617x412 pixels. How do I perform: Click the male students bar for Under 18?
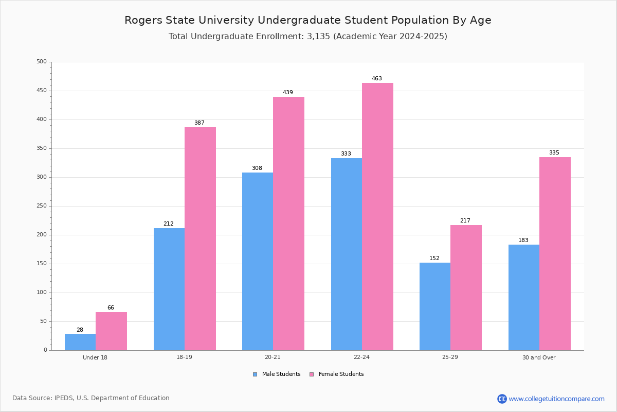80,342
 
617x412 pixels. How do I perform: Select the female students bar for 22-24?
377,217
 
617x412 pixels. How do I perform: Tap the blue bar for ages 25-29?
435,306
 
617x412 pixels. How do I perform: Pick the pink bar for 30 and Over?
555,253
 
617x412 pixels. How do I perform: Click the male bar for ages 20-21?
258,261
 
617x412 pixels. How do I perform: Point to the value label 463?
376,78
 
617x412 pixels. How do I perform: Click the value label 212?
169,224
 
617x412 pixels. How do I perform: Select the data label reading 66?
111,307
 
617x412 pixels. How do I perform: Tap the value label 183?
523,240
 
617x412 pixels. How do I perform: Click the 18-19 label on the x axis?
184,357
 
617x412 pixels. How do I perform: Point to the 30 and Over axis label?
539,357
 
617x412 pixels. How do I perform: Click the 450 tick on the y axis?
42,91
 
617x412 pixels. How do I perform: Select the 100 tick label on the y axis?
42,292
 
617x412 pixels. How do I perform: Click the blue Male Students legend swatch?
255,374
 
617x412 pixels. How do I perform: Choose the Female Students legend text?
341,374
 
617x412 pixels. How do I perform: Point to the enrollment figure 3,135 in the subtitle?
318,36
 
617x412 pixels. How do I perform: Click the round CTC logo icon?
502,399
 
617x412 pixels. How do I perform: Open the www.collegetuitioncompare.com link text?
556,399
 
